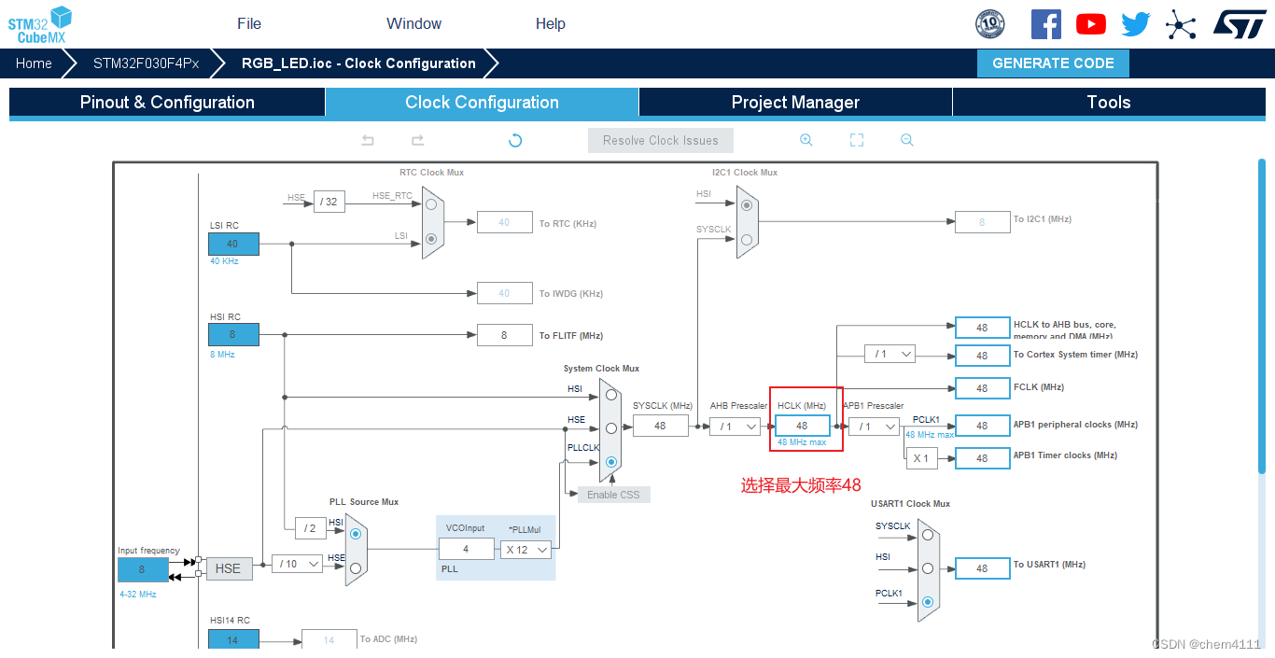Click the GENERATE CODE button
[1053, 63]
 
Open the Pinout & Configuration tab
[167, 103]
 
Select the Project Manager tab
[795, 103]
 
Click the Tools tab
[1108, 103]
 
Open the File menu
[249, 23]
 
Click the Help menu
[551, 23]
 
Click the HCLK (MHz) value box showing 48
[802, 426]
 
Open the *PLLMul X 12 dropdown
[525, 550]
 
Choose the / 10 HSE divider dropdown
[297, 564]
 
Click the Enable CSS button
[613, 495]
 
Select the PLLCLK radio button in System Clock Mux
[611, 462]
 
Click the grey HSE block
[229, 567]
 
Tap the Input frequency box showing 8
[143, 569]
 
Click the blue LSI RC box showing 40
[232, 244]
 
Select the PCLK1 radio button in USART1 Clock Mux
[927, 602]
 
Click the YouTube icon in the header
[1090, 24]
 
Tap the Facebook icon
[1045, 24]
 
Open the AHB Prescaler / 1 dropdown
[734, 427]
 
